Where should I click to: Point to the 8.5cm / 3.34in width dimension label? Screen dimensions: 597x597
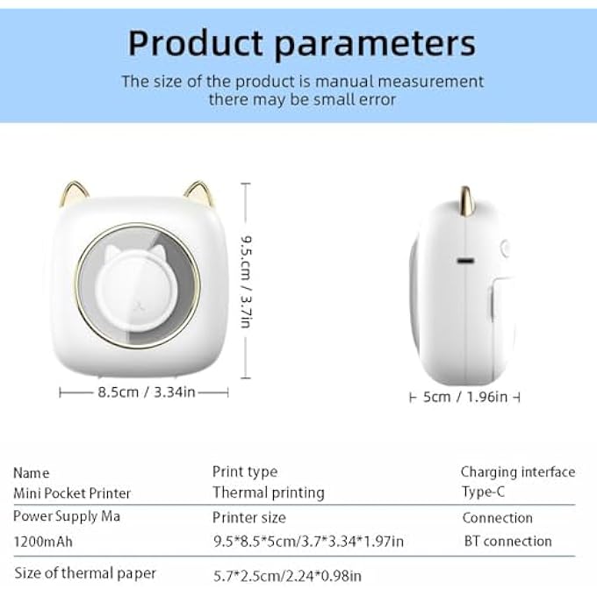pyautogui.click(x=145, y=392)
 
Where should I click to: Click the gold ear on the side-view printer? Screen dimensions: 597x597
pyautogui.click(x=461, y=199)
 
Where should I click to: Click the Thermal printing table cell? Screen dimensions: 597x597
pyautogui.click(x=268, y=493)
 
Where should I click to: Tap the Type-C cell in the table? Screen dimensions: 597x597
pyautogui.click(x=483, y=493)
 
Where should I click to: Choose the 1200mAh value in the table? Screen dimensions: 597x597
pyautogui.click(x=43, y=541)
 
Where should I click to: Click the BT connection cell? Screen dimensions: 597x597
pyautogui.click(x=507, y=541)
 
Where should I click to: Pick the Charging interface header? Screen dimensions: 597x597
pyautogui.click(x=518, y=472)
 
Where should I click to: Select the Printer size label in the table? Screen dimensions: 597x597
pyautogui.click(x=248, y=517)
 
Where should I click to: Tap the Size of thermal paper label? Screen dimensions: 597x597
pyautogui.click(x=85, y=573)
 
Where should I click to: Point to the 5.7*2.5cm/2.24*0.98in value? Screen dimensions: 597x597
pyautogui.click(x=287, y=576)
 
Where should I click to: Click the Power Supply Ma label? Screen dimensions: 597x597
pyautogui.click(x=67, y=516)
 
